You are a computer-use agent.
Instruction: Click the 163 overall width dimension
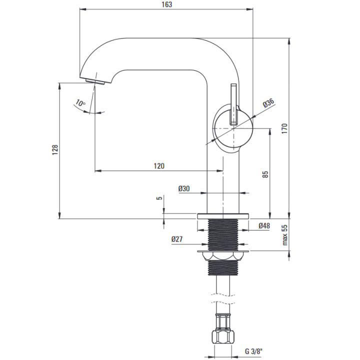pyautogui.click(x=167, y=4)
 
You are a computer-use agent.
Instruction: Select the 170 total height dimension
pyautogui.click(x=285, y=128)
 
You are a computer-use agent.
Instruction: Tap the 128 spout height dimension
pyautogui.click(x=55, y=150)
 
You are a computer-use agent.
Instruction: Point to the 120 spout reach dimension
pyautogui.click(x=159, y=165)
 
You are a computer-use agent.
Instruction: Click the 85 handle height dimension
pyautogui.click(x=266, y=174)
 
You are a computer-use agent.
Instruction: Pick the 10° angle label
pyautogui.click(x=80, y=104)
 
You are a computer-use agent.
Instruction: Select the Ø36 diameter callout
pyautogui.click(x=268, y=104)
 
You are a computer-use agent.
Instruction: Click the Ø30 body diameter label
pyautogui.click(x=183, y=188)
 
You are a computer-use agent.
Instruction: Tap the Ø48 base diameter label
pyautogui.click(x=264, y=226)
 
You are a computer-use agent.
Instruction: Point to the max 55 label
pyautogui.click(x=285, y=234)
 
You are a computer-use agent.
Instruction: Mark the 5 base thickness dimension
pyautogui.click(x=159, y=198)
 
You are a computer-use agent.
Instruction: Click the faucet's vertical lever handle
pyautogui.click(x=233, y=104)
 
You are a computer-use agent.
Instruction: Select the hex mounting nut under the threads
pyautogui.click(x=223, y=255)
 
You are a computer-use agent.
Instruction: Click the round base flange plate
pyautogui.click(x=223, y=216)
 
